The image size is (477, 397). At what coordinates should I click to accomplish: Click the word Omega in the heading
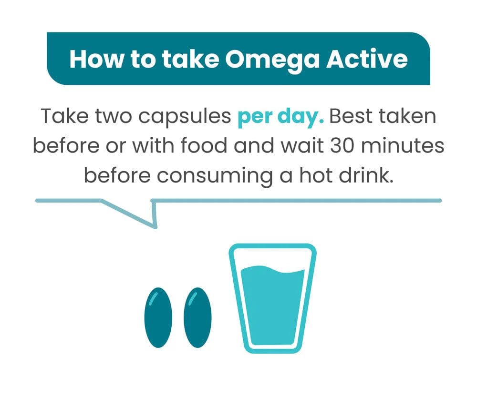[x=272, y=60]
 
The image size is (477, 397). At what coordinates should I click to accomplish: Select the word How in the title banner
[x=97, y=59]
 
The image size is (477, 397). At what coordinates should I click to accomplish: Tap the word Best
[x=351, y=116]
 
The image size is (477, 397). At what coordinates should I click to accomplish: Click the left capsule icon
[x=158, y=317]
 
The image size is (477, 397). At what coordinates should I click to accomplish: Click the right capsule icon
[x=198, y=317]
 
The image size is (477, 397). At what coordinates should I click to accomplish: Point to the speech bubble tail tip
[x=156, y=227]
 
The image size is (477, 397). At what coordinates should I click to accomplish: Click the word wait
[x=302, y=145]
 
